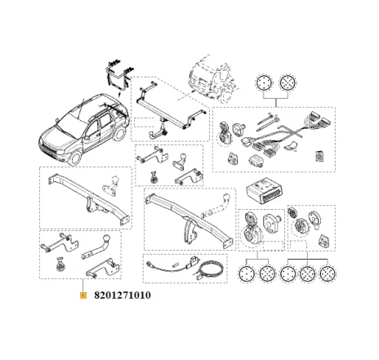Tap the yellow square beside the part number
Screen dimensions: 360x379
[x=82, y=296]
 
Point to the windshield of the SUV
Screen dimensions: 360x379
[x=71, y=115]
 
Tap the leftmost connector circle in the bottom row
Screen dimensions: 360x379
[x=246, y=274]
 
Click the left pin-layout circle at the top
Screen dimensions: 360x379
[x=265, y=84]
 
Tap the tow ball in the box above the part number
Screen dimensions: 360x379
[x=107, y=244]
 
